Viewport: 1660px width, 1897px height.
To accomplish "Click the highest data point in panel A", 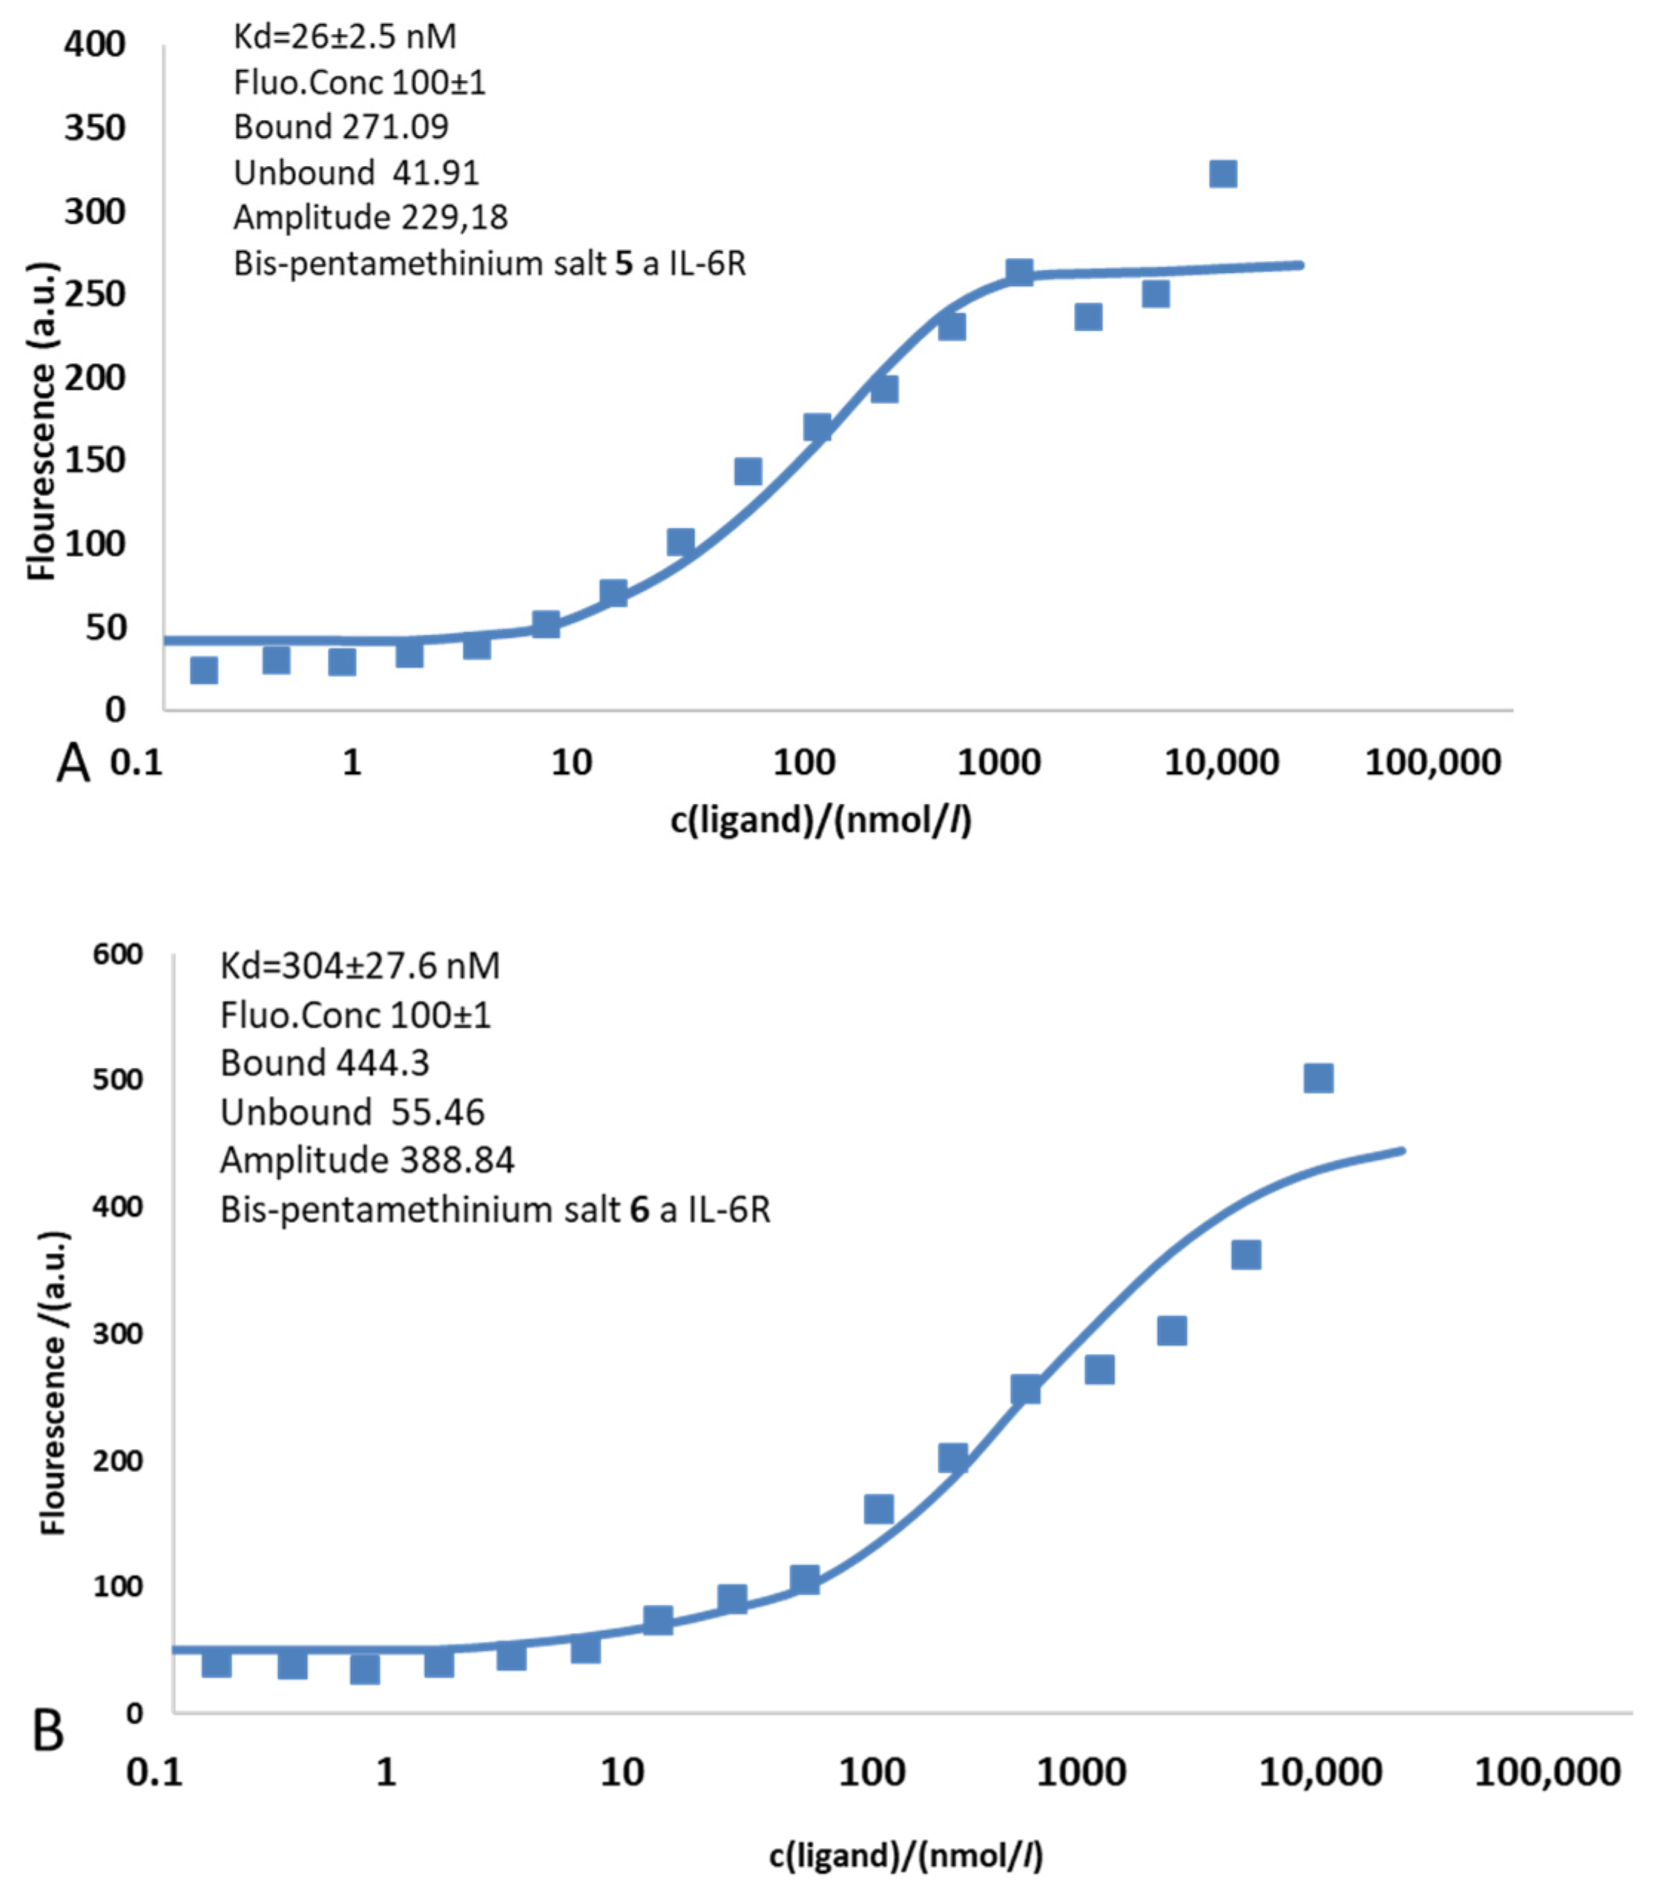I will point(1223,174).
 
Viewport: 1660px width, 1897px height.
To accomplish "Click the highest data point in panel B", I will point(1318,1078).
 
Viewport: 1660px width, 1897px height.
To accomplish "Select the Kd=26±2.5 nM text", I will point(345,37).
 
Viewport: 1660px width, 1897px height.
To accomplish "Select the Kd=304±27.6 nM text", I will point(360,966).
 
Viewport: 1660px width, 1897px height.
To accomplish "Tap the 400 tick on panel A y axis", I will point(94,44).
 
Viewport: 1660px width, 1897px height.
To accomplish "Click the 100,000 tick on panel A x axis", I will point(1432,762).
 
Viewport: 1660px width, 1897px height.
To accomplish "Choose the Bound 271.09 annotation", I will point(341,127).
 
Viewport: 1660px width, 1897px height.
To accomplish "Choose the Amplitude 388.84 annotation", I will point(367,1160).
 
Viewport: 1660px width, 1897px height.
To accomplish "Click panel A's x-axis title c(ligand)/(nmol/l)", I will point(821,819).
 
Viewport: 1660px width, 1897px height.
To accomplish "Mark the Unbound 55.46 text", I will point(352,1112).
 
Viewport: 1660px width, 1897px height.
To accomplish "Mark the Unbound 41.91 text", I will point(356,172).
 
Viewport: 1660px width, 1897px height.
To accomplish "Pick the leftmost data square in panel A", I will point(204,670).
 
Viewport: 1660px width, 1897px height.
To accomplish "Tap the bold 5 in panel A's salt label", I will point(623,264).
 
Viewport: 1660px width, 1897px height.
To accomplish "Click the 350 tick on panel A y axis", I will point(94,128).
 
